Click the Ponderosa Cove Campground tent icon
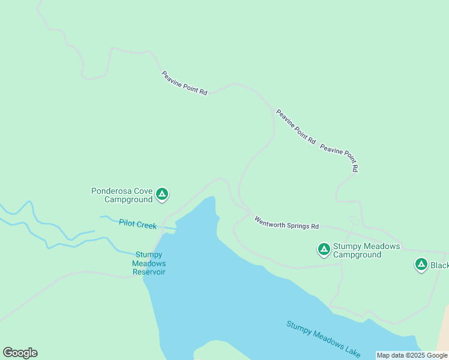tap(161, 194)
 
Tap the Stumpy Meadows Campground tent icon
tap(324, 249)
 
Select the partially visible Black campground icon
tap(421, 264)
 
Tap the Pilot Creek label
tap(137, 224)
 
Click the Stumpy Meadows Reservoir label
tap(149, 263)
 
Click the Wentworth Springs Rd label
tap(286, 223)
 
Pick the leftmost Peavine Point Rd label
tap(184, 83)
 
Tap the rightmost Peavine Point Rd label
tap(339, 158)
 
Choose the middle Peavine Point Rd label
tap(295, 126)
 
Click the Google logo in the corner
tap(20, 353)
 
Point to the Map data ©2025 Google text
tap(412, 355)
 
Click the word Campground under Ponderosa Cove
tap(128, 199)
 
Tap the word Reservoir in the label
tap(149, 272)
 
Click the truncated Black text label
tap(439, 265)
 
